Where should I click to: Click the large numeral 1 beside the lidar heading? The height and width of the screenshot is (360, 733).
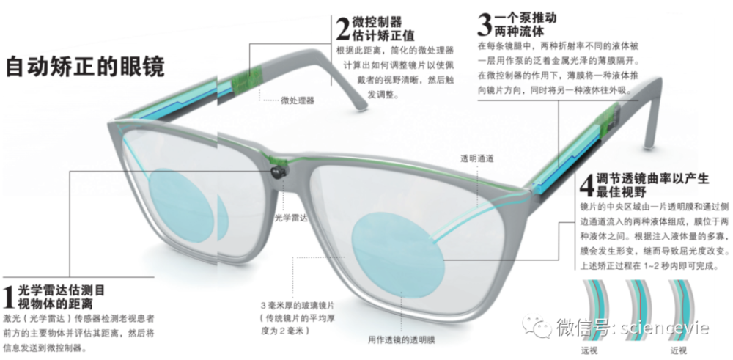pos(10,296)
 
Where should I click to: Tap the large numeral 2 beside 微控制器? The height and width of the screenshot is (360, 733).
pos(342,29)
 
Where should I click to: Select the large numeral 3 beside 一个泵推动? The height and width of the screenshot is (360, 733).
pos(485,25)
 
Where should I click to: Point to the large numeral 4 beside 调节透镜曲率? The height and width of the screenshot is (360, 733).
pos(586,185)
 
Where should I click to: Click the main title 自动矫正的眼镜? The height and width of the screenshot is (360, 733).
pos(85,67)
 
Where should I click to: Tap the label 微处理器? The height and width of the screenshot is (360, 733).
pos(298,100)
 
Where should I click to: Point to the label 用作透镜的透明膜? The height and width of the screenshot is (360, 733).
pos(402,340)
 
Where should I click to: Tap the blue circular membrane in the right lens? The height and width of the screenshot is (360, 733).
pos(397,255)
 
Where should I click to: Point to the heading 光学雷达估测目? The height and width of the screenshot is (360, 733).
pos(62,290)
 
